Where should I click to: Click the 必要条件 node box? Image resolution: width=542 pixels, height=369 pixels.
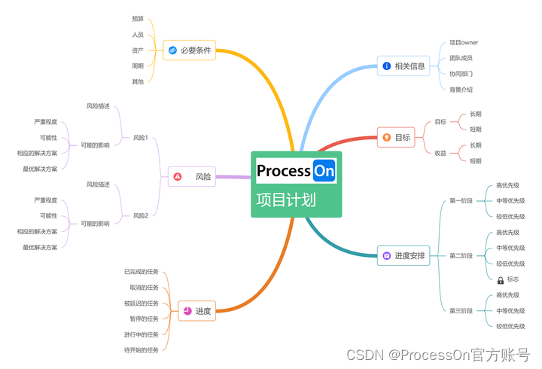click(190, 50)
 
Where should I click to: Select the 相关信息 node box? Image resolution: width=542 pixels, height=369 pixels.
click(403, 66)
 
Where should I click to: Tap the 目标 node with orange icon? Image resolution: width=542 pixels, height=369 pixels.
click(396, 138)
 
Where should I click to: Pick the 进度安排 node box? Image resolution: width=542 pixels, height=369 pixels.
click(403, 256)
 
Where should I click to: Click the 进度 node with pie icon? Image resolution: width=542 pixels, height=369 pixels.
click(196, 311)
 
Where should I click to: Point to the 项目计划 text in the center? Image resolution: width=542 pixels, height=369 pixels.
click(286, 200)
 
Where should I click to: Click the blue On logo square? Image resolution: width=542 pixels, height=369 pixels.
click(324, 171)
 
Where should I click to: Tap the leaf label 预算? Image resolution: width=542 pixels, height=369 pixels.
click(138, 19)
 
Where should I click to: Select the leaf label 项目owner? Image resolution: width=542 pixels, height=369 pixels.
click(464, 43)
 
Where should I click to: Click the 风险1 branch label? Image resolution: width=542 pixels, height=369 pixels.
click(141, 138)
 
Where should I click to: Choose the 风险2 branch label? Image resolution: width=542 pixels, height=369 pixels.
click(141, 216)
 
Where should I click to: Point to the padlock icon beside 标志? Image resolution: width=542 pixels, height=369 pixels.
click(500, 279)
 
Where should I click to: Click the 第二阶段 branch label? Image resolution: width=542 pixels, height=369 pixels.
click(461, 256)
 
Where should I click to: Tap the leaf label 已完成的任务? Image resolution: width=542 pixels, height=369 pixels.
click(142, 271)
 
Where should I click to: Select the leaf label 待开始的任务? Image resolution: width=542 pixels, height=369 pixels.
click(142, 349)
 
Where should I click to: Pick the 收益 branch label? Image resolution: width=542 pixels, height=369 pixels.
click(440, 153)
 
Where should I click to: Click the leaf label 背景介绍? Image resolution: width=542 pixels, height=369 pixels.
click(461, 90)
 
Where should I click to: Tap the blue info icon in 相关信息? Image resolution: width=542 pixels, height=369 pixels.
click(387, 66)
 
